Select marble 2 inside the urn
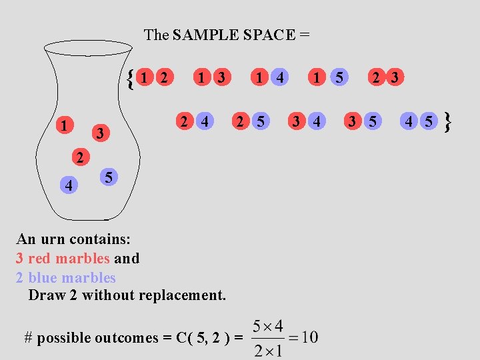(79, 158)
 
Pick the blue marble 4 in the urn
(70, 185)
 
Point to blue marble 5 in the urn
(109, 177)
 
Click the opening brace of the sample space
(131, 79)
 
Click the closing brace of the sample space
(448, 122)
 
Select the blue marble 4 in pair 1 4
(280, 78)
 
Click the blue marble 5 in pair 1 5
(339, 78)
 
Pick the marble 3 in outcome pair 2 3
(395, 78)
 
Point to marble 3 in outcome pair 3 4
(295, 121)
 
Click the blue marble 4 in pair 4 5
(409, 121)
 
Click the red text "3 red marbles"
(63, 258)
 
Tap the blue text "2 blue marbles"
(65, 277)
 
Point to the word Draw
(46, 295)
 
